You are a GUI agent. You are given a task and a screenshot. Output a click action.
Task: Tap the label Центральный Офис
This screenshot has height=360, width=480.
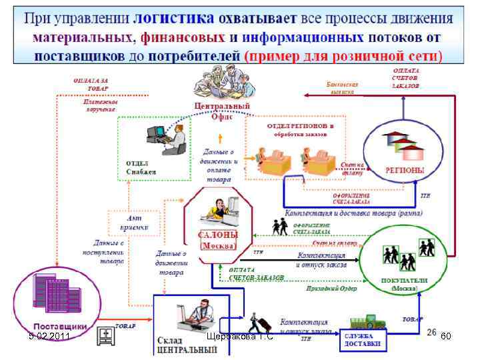(x=221, y=111)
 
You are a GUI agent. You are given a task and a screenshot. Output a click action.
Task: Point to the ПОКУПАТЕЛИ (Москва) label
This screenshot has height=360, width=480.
(x=403, y=285)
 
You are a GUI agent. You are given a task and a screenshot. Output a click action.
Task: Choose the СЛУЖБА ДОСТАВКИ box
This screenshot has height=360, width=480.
(x=363, y=339)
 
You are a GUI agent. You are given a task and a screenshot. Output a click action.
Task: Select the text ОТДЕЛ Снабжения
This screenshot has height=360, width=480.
(x=141, y=166)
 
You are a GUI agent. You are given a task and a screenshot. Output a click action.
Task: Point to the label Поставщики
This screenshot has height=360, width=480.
(x=60, y=327)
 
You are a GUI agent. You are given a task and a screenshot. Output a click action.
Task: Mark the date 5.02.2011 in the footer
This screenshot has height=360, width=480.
(x=49, y=336)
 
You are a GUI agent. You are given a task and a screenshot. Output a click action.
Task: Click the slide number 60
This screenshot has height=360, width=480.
(x=446, y=337)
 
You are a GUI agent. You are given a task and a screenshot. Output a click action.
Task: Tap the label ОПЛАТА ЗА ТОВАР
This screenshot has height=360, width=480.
(x=90, y=85)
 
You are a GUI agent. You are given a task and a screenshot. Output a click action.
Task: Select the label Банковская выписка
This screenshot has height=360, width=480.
(x=343, y=89)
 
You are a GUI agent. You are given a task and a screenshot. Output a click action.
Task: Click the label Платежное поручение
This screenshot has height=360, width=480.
(x=101, y=105)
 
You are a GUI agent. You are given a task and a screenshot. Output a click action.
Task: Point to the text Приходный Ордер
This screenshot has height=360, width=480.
(x=332, y=289)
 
